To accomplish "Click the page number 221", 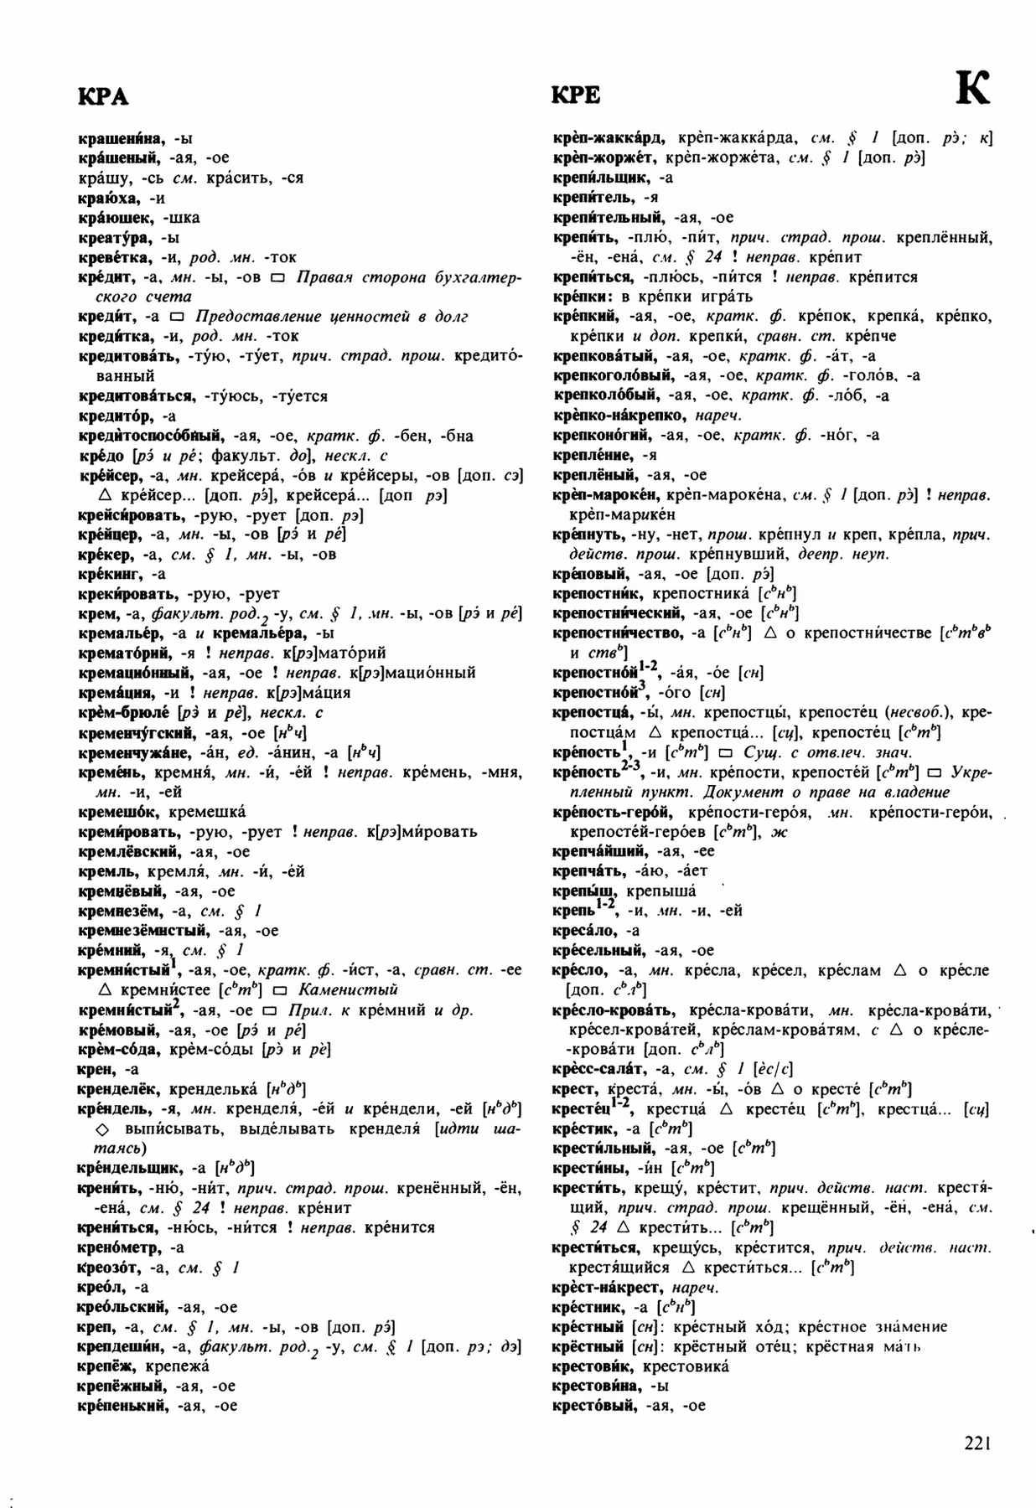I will coord(977,1443).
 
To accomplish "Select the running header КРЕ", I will coord(576,96).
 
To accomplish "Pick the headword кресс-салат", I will coord(598,1068).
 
